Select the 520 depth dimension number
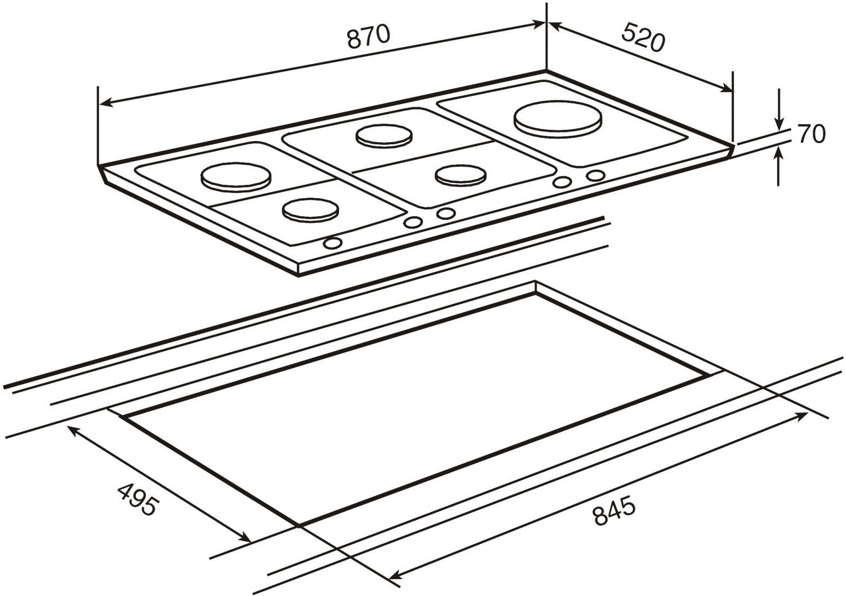click(x=642, y=38)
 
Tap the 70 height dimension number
click(x=812, y=133)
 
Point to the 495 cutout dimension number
click(x=136, y=499)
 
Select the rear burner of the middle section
click(x=384, y=136)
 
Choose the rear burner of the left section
click(x=236, y=177)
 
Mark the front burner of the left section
click(x=310, y=210)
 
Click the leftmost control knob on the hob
click(x=333, y=243)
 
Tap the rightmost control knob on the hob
click(x=595, y=175)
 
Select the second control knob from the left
click(x=413, y=222)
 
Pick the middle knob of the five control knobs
click(x=446, y=213)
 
